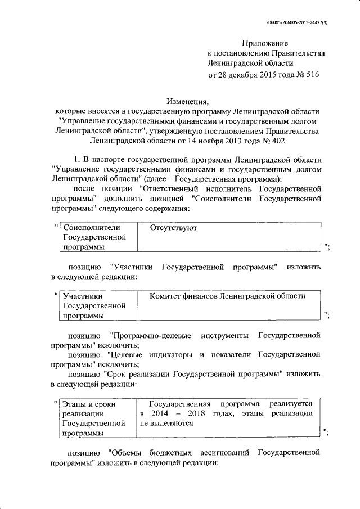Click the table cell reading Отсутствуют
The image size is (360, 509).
coord(173,228)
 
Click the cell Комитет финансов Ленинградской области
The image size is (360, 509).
coord(228,296)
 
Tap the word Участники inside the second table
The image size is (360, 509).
coord(83,296)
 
